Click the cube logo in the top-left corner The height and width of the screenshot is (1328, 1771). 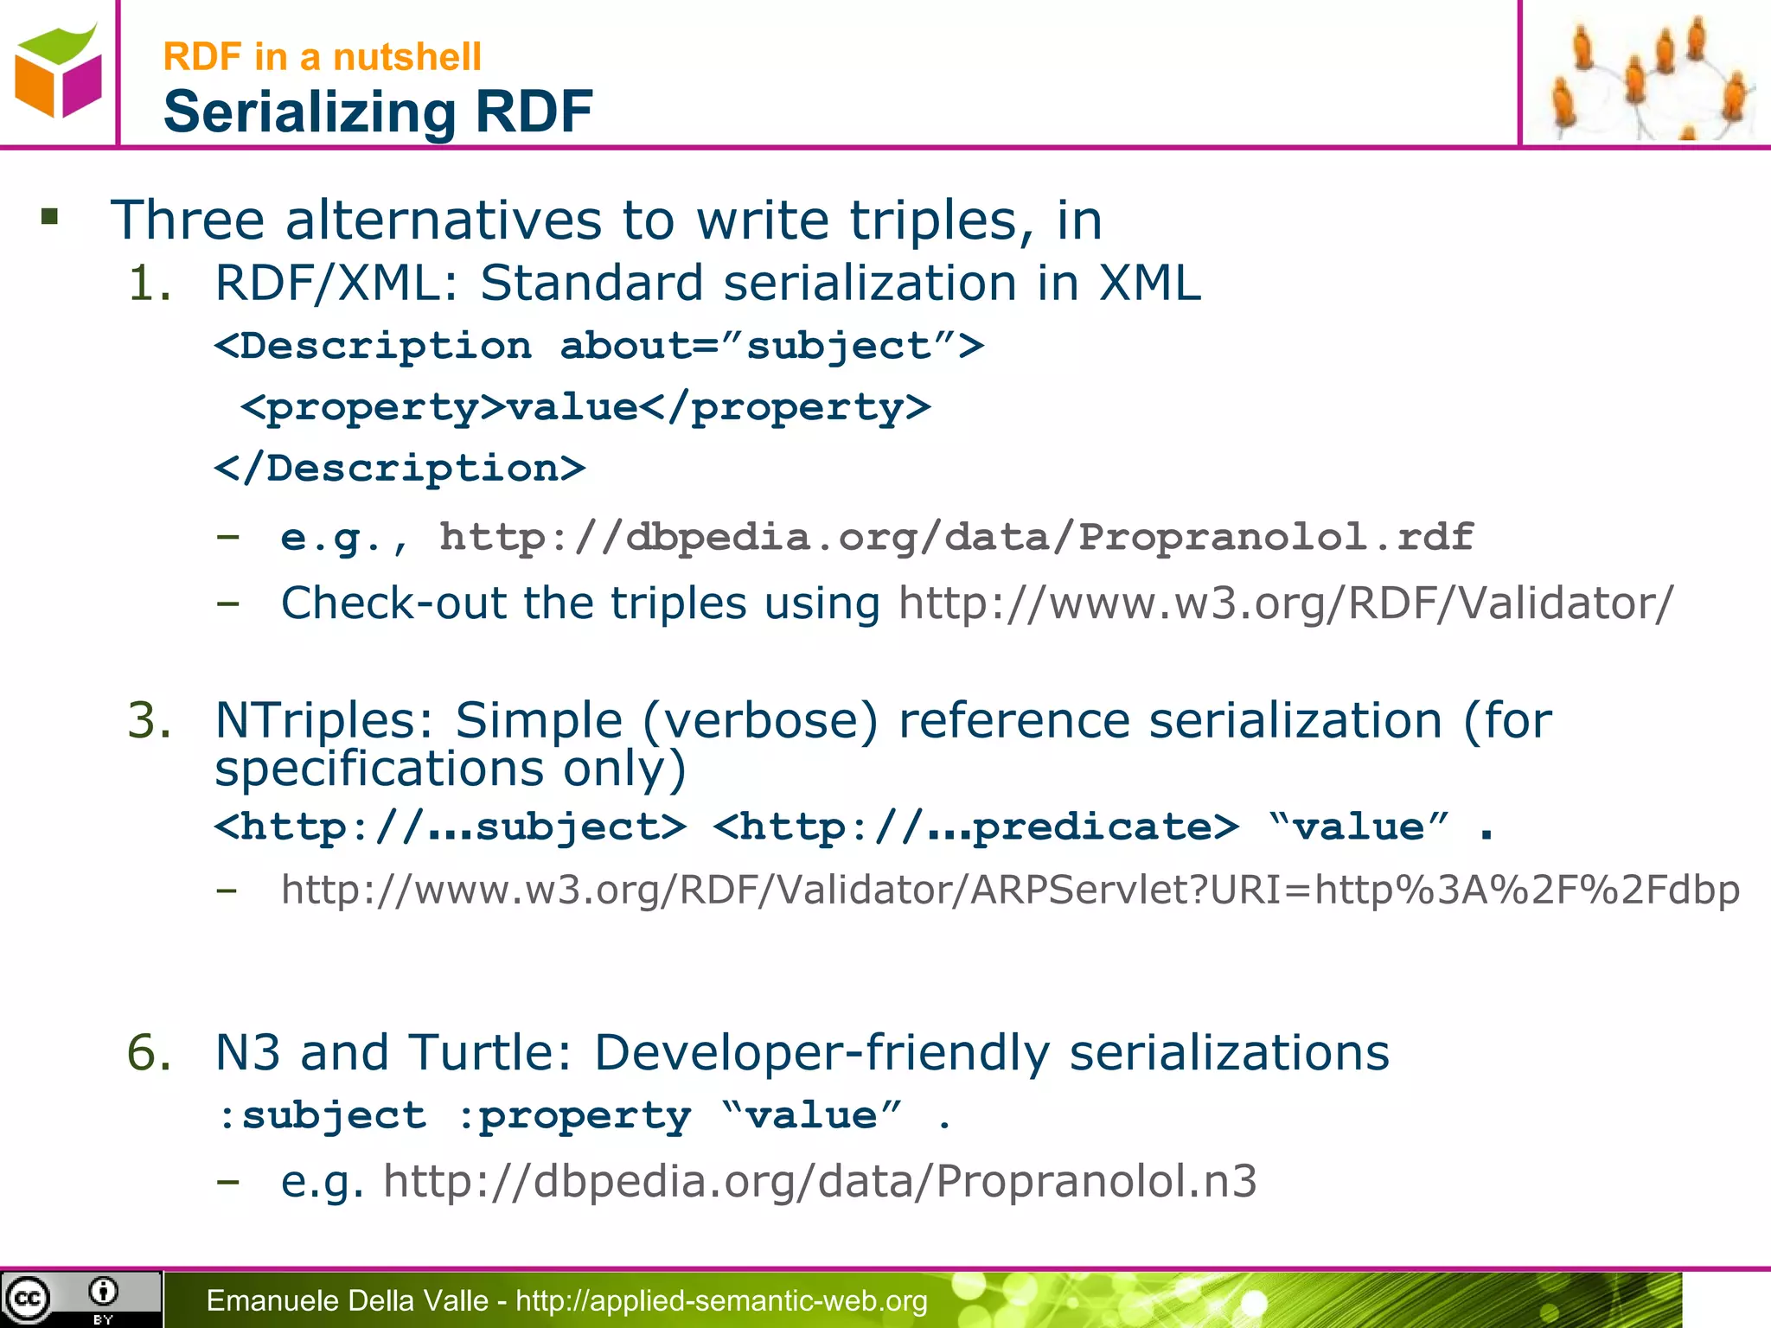tap(57, 71)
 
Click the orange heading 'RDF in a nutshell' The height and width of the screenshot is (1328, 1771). tap(322, 57)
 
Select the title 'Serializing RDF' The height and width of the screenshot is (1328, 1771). tap(378, 112)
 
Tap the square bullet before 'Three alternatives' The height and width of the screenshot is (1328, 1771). tap(50, 216)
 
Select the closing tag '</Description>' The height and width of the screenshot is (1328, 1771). tap(400, 469)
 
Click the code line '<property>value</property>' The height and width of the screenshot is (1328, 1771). tap(586, 407)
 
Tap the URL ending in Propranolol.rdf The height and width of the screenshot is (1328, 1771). tap(956, 537)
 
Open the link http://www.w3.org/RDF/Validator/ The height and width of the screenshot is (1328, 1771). tap(1286, 603)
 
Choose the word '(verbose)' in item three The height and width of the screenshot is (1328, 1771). tap(760, 720)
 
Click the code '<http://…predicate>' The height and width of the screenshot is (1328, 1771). tap(976, 827)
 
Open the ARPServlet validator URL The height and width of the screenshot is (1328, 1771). tap(1010, 890)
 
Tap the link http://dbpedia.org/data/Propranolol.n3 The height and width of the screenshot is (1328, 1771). tap(820, 1181)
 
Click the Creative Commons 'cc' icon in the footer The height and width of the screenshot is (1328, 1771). tap(28, 1299)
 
